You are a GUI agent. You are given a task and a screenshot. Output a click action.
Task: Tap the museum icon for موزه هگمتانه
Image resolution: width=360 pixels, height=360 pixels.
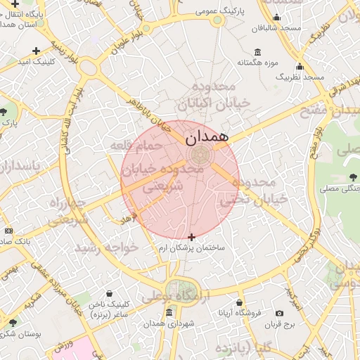coord(257,52)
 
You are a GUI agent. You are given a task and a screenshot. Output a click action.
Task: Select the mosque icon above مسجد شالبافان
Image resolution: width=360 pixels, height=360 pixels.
coord(276,18)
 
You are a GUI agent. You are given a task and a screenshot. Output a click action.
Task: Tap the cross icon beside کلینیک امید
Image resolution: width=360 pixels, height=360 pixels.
coord(36,51)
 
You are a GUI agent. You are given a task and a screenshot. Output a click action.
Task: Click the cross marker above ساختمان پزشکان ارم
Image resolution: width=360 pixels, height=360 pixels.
coord(191,238)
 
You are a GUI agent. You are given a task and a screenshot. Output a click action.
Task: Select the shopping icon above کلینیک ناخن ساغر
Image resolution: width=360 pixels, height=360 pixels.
coord(108,294)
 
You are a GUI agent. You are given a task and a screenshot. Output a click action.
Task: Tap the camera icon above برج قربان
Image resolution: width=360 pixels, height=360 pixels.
coord(280,313)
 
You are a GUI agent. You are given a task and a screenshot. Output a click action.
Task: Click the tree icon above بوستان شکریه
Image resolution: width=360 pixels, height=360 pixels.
coord(13,323)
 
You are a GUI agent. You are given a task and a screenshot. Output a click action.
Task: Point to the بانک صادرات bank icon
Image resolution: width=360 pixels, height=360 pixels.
coord(8,231)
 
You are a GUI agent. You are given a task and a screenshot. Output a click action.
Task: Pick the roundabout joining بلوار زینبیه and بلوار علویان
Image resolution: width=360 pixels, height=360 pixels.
coord(89,68)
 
